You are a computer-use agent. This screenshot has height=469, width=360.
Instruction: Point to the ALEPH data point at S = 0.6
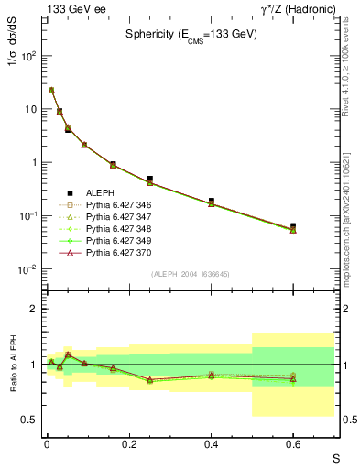293,225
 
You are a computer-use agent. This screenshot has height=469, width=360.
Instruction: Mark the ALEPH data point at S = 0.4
211,201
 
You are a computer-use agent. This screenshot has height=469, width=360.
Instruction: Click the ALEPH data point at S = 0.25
149,179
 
